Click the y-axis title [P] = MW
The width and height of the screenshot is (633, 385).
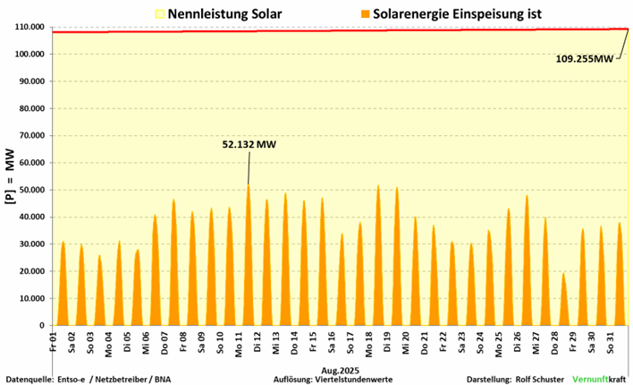(x=11, y=176)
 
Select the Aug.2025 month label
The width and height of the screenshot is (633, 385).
(x=341, y=367)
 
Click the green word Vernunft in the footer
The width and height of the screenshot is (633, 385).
(x=588, y=379)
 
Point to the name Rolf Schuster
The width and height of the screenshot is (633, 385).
(x=539, y=379)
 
